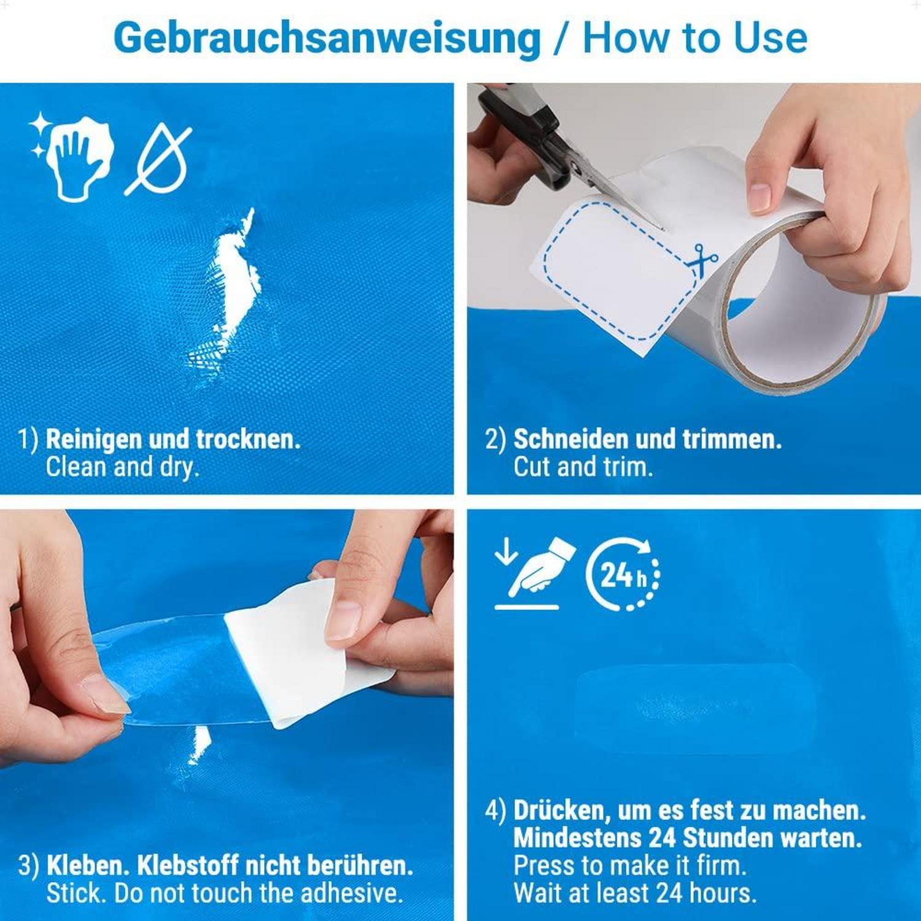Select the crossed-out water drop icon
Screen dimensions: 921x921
[158, 160]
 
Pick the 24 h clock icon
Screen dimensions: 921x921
[623, 575]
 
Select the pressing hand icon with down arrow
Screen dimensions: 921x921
[535, 573]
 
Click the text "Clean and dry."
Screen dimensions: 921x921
[123, 468]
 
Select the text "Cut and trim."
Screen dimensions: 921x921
[583, 467]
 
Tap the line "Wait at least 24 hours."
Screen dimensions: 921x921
[635, 893]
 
